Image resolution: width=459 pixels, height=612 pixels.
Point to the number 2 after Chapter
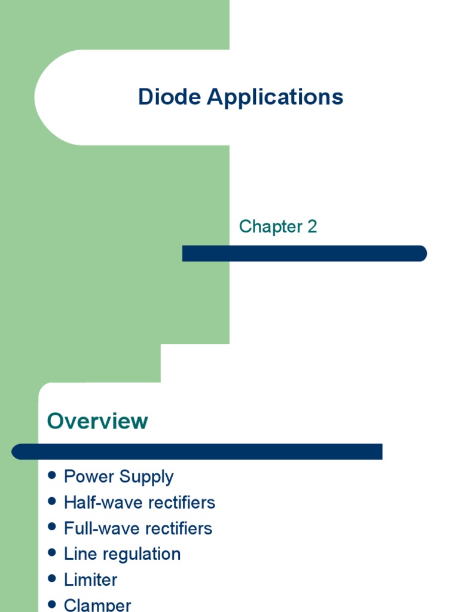pyautogui.click(x=312, y=227)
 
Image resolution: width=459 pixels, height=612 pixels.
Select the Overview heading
pyautogui.click(x=97, y=421)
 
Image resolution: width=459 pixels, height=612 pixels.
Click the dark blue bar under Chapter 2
pyautogui.click(x=304, y=253)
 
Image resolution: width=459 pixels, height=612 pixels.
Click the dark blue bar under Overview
pyautogui.click(x=197, y=452)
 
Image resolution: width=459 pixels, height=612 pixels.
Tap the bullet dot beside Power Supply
pyautogui.click(x=52, y=475)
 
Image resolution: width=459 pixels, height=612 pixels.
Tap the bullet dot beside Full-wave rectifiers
pyautogui.click(x=52, y=527)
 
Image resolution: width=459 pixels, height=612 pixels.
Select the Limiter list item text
pyautogui.click(x=91, y=580)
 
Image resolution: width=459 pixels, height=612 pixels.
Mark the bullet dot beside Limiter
pyautogui.click(x=52, y=579)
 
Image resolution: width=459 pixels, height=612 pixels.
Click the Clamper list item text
pyautogui.click(x=97, y=605)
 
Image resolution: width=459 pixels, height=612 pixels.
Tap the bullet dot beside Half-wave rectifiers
pyautogui.click(x=52, y=501)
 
